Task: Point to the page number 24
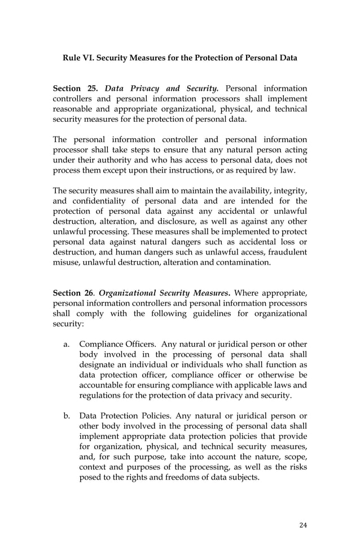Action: pyautogui.click(x=303, y=525)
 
